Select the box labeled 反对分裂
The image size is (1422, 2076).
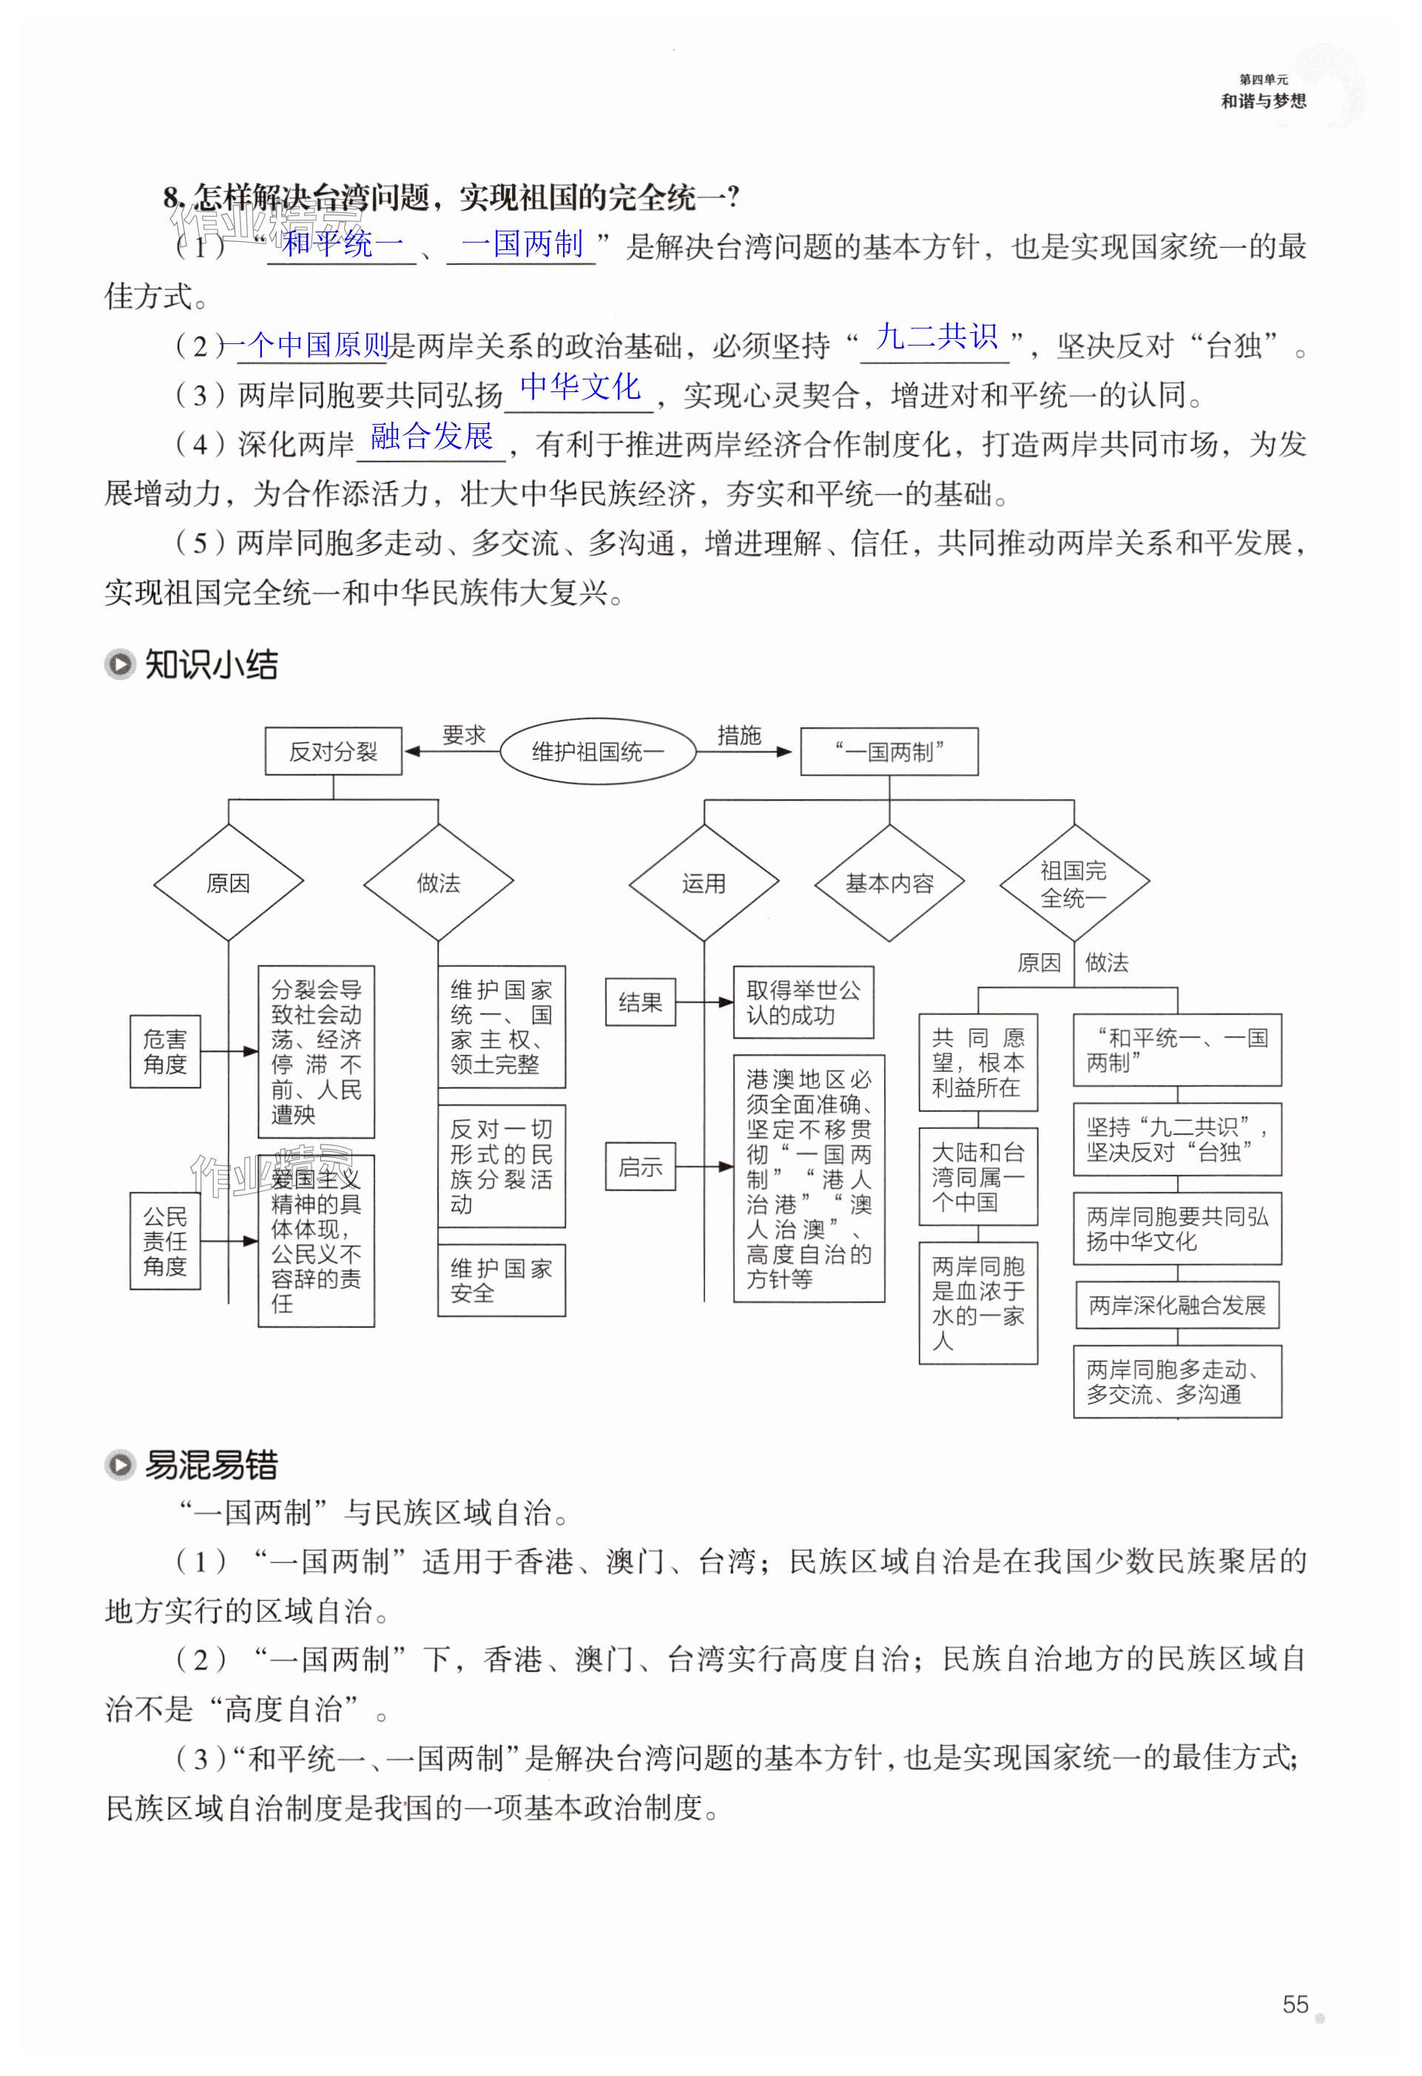tap(333, 751)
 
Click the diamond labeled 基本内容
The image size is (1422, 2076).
tap(889, 883)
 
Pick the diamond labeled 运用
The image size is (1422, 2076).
tap(704, 883)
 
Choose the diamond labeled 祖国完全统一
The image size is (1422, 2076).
tap(1074, 883)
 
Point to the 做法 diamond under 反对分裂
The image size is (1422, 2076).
tap(438, 883)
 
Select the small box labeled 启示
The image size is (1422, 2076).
tap(641, 1167)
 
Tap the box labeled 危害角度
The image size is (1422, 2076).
tap(165, 1051)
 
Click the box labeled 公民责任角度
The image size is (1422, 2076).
tap(165, 1241)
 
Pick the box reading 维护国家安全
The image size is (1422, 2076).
tap(501, 1280)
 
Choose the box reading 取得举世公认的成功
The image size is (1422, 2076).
tap(803, 1002)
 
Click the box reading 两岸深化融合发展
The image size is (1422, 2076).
tap(1177, 1305)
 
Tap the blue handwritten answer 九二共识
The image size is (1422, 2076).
tap(936, 337)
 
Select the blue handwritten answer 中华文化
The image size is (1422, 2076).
tap(580, 387)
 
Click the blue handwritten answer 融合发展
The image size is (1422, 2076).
tap(431, 436)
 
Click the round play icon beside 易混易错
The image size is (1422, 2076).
tap(120, 1465)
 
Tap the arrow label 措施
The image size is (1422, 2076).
tap(738, 735)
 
